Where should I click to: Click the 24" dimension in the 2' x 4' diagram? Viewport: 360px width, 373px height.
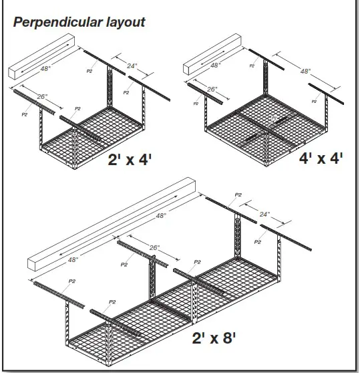tap(132, 66)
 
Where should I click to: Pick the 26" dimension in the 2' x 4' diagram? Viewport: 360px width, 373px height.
tap(41, 97)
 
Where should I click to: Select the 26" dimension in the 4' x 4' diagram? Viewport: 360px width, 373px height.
tap(212, 90)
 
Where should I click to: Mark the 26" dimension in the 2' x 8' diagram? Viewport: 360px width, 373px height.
tap(155, 248)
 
